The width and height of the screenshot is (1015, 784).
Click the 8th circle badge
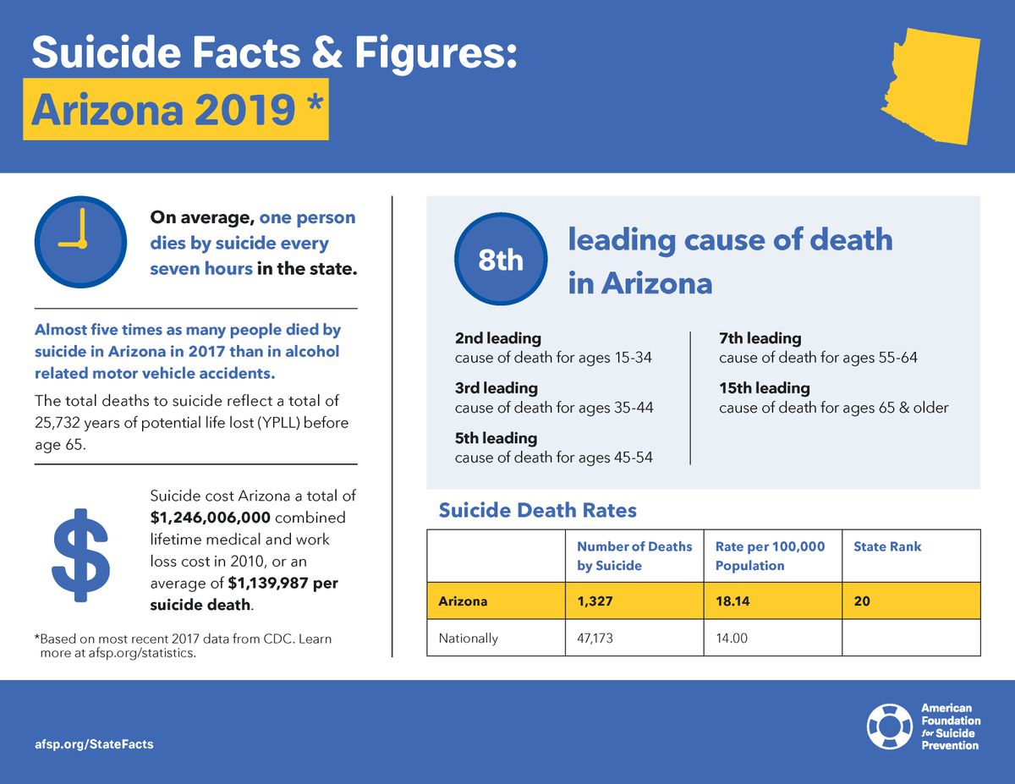501,260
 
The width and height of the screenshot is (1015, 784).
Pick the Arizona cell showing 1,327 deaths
595,601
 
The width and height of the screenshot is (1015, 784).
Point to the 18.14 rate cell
732,601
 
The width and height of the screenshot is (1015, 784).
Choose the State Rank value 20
862,601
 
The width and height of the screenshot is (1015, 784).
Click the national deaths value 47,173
595,639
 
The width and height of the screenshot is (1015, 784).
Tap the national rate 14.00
732,639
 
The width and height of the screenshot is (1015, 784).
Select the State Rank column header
887,546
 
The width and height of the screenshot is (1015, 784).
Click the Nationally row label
468,639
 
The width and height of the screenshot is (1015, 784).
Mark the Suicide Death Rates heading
537,510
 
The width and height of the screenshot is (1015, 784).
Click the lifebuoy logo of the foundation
889,726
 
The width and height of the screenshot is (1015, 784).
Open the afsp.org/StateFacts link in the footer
94,743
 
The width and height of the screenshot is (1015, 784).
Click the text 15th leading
764,388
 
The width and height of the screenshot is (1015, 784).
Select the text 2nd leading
497,338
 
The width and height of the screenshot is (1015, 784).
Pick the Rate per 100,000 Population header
769,556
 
